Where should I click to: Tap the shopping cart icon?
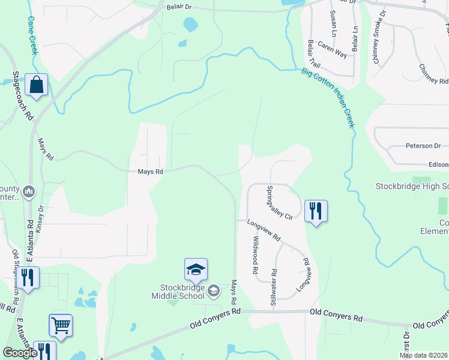pos(61,325)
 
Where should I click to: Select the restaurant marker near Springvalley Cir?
pos(316,211)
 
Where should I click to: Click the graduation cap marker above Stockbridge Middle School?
pos(196,270)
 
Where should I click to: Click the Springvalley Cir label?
pos(278,202)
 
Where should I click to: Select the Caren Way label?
pos(332,50)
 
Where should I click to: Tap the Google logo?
pos(20,353)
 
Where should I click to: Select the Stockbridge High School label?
pos(412,186)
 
